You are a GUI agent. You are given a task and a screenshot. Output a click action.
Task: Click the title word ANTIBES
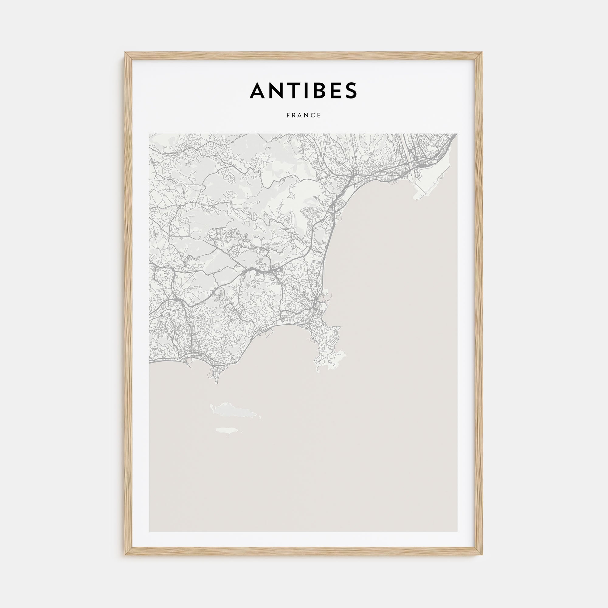click(303, 90)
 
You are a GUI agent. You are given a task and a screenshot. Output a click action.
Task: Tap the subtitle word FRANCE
click(304, 115)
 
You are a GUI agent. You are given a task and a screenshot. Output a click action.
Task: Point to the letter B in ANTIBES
click(315, 90)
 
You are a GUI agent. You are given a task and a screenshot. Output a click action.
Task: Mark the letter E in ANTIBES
click(333, 90)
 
